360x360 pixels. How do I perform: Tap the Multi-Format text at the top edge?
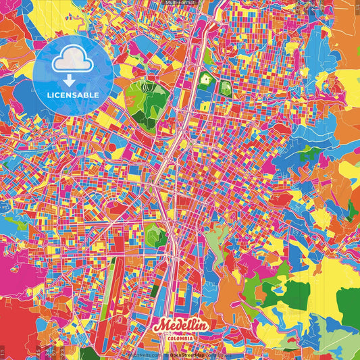click(x=179, y=3)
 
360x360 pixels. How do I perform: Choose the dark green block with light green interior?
click(x=224, y=88)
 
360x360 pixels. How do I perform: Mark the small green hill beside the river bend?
click(x=156, y=234)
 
